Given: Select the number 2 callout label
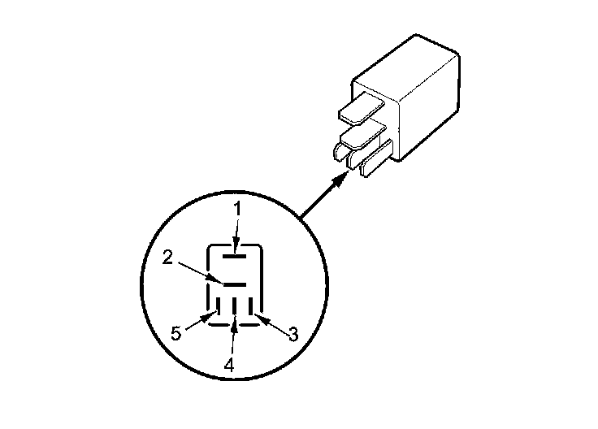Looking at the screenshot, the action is (167, 258).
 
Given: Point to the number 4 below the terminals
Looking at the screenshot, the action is (229, 366).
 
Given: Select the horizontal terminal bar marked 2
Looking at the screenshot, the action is (235, 284).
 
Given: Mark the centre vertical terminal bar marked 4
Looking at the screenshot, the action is (235, 306).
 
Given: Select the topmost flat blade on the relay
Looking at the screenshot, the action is (360, 107).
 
